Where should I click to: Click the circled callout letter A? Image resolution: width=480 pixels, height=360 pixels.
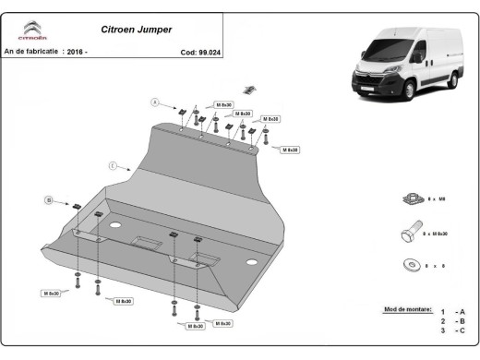click(156, 102)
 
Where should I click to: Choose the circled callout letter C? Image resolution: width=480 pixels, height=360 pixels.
click(112, 166)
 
